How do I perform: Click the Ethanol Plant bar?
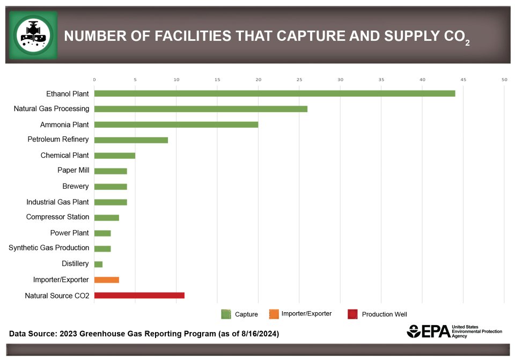[274, 93]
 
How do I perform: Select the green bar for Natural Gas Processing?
[201, 109]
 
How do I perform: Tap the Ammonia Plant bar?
[176, 124]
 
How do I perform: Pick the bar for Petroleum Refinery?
[131, 140]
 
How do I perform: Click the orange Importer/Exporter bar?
[106, 280]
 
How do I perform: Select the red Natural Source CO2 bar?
[139, 295]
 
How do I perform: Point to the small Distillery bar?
[98, 264]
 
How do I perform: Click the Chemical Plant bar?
[114, 156]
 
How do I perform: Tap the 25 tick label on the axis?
[299, 79]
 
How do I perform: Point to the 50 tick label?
[504, 79]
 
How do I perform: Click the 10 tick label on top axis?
[176, 79]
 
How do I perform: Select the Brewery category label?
[76, 186]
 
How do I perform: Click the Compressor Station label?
[58, 217]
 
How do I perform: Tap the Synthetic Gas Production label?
[49, 248]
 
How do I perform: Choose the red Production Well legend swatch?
[352, 314]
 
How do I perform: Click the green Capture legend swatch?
[226, 314]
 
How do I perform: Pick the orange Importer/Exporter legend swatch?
[274, 314]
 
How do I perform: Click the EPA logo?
[429, 332]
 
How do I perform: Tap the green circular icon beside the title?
[33, 35]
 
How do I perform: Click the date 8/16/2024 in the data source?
[255, 334]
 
